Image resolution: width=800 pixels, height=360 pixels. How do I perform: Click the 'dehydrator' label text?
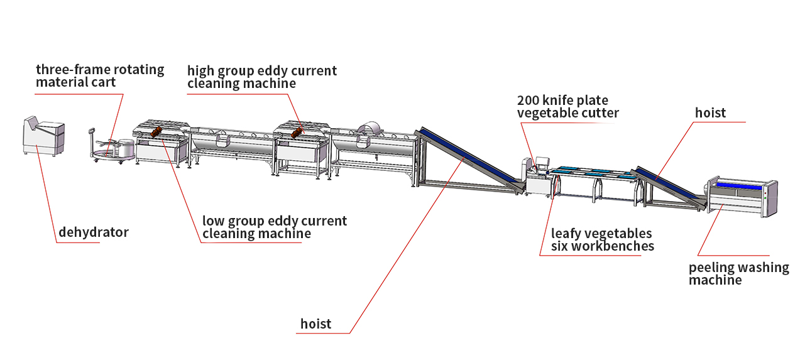(x=93, y=232)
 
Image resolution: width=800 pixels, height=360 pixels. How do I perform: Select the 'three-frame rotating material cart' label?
(x=99, y=76)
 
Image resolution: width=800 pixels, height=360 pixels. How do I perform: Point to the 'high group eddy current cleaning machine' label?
(x=261, y=77)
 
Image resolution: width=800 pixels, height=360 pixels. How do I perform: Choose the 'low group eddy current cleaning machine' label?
(x=274, y=227)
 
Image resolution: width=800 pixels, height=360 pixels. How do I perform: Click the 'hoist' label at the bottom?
(x=315, y=324)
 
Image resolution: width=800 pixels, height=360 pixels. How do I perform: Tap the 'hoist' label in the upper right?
(x=710, y=113)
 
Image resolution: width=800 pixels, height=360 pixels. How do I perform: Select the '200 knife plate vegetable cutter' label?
(x=567, y=107)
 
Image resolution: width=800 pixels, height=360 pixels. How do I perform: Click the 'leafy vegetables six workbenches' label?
(x=602, y=240)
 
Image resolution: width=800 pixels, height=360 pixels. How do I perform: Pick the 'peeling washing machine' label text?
(x=738, y=273)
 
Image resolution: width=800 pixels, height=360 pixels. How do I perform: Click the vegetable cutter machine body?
(x=537, y=182)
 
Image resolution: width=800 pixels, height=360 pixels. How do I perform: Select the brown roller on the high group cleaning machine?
(x=297, y=132)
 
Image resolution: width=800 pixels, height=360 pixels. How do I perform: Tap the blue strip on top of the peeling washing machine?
(x=742, y=184)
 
